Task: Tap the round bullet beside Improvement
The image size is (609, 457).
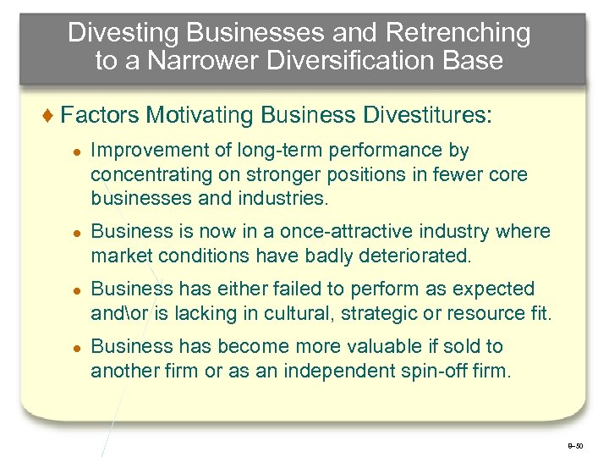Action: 75,152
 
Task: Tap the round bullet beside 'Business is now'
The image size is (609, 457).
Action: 75,233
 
